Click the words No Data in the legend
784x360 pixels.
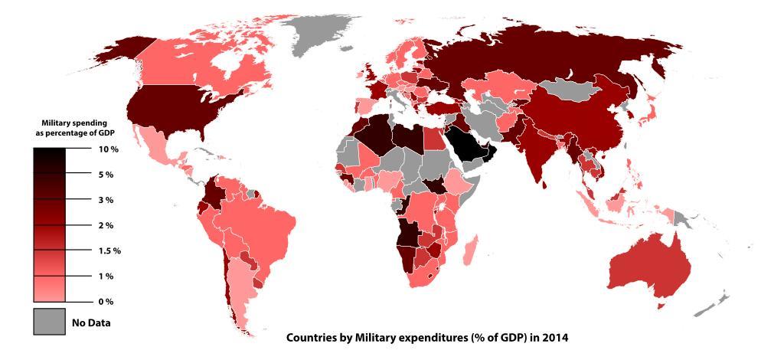click(91, 322)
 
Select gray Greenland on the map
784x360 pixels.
click(325, 31)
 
